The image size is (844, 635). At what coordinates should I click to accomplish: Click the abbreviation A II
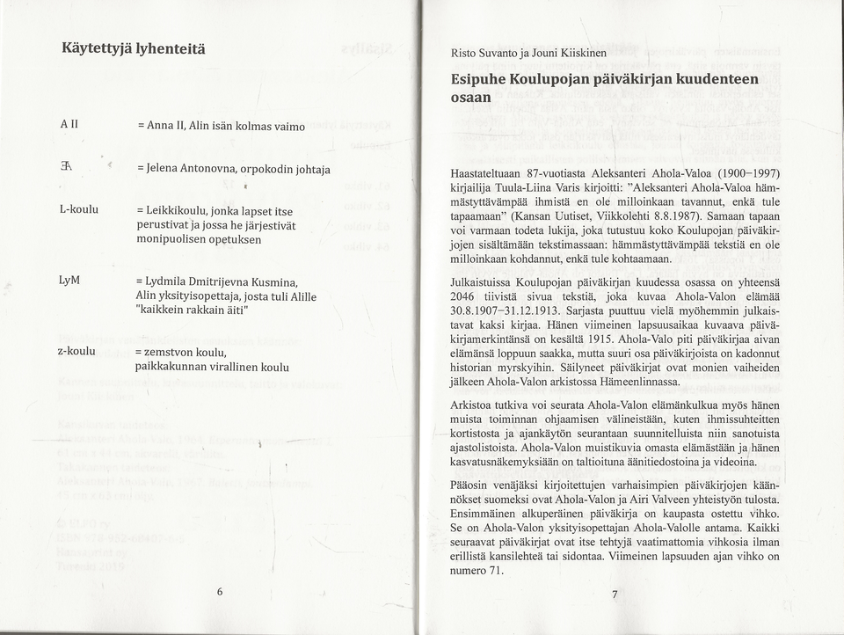(70, 126)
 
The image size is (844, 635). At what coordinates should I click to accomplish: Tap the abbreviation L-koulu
(78, 210)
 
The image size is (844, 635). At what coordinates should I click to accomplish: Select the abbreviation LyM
(71, 280)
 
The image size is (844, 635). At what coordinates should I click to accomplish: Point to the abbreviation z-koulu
(77, 349)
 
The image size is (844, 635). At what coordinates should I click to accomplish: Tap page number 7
(615, 595)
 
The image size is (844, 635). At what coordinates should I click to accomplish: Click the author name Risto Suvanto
(487, 53)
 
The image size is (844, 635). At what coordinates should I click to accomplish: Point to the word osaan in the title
(470, 98)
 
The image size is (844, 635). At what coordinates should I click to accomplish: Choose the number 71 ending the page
(494, 570)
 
